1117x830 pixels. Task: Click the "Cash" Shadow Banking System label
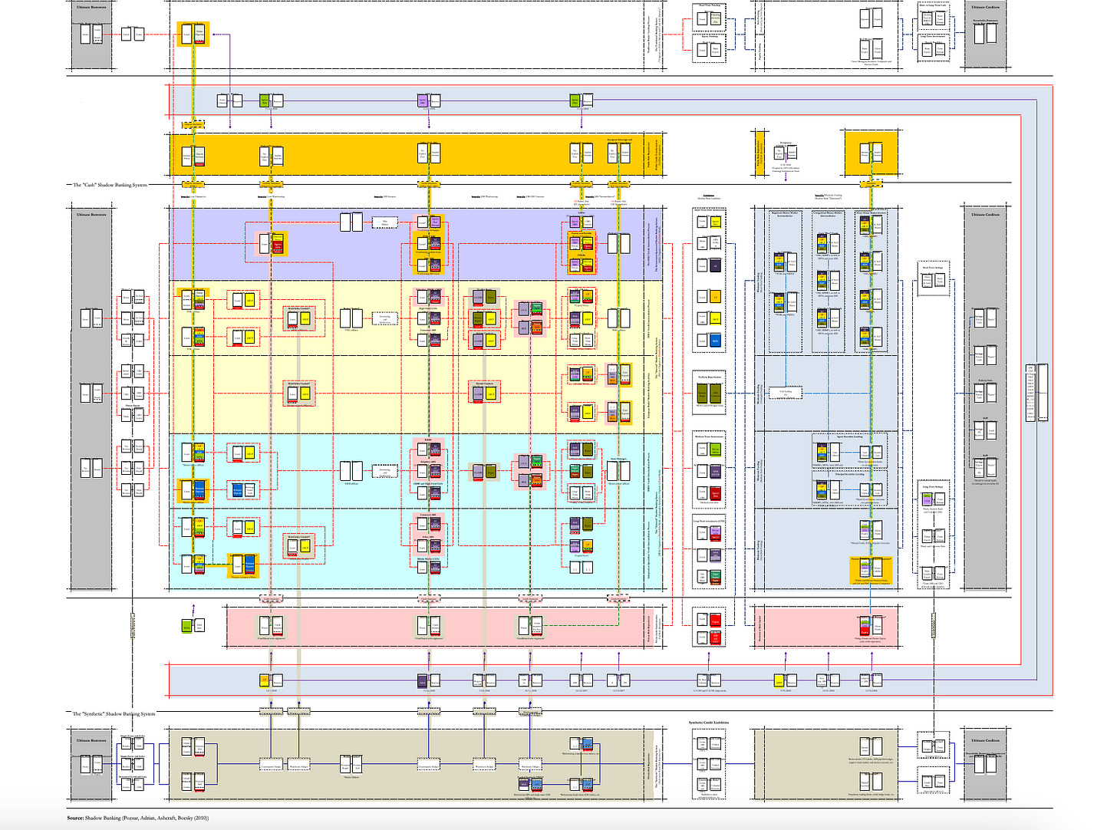coord(110,185)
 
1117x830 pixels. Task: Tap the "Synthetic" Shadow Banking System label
coord(114,713)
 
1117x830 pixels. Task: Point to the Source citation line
coord(138,818)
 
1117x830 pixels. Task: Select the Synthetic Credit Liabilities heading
coord(709,723)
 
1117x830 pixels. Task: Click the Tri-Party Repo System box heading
coord(710,377)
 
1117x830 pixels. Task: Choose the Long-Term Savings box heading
coord(933,486)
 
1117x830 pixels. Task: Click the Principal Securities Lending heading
coord(849,474)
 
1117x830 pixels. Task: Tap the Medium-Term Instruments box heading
coord(710,436)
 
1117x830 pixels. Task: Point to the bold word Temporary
coord(785,143)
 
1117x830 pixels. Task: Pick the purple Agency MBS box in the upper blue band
coord(422,100)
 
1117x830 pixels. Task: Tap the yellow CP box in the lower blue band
coord(265,680)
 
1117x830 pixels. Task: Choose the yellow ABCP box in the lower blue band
coord(778,680)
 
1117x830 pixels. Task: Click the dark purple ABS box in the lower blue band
coord(422,680)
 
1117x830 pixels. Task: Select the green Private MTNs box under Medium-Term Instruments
coord(715,450)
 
